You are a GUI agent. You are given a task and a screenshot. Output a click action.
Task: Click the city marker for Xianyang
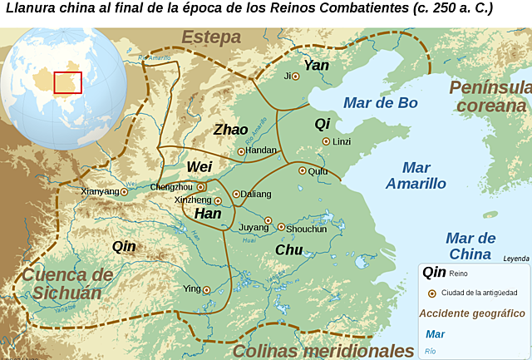(x=125, y=191)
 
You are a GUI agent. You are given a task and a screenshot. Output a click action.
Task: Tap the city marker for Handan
(x=241, y=151)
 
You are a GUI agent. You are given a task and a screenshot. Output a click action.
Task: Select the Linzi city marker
(x=326, y=141)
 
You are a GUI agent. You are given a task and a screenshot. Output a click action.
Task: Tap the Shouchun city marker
(x=281, y=227)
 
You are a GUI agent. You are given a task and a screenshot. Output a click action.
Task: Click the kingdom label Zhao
(x=230, y=130)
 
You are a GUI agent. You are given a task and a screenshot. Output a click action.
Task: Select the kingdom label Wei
(x=199, y=167)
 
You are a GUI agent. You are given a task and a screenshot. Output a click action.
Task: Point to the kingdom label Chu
(x=289, y=249)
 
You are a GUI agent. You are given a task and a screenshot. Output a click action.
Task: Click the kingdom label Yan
(x=316, y=65)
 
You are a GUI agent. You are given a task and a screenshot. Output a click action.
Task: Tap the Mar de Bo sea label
(x=380, y=103)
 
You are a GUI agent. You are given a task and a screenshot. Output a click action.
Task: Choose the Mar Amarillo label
(x=416, y=175)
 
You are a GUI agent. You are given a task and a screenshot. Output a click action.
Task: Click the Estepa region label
(x=211, y=37)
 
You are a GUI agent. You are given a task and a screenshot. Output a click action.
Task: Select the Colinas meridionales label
(x=323, y=350)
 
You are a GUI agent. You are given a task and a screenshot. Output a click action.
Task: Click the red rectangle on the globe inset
(x=67, y=84)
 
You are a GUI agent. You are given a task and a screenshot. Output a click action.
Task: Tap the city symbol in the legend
(x=431, y=293)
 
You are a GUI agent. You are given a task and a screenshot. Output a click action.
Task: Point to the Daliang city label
(x=257, y=194)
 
